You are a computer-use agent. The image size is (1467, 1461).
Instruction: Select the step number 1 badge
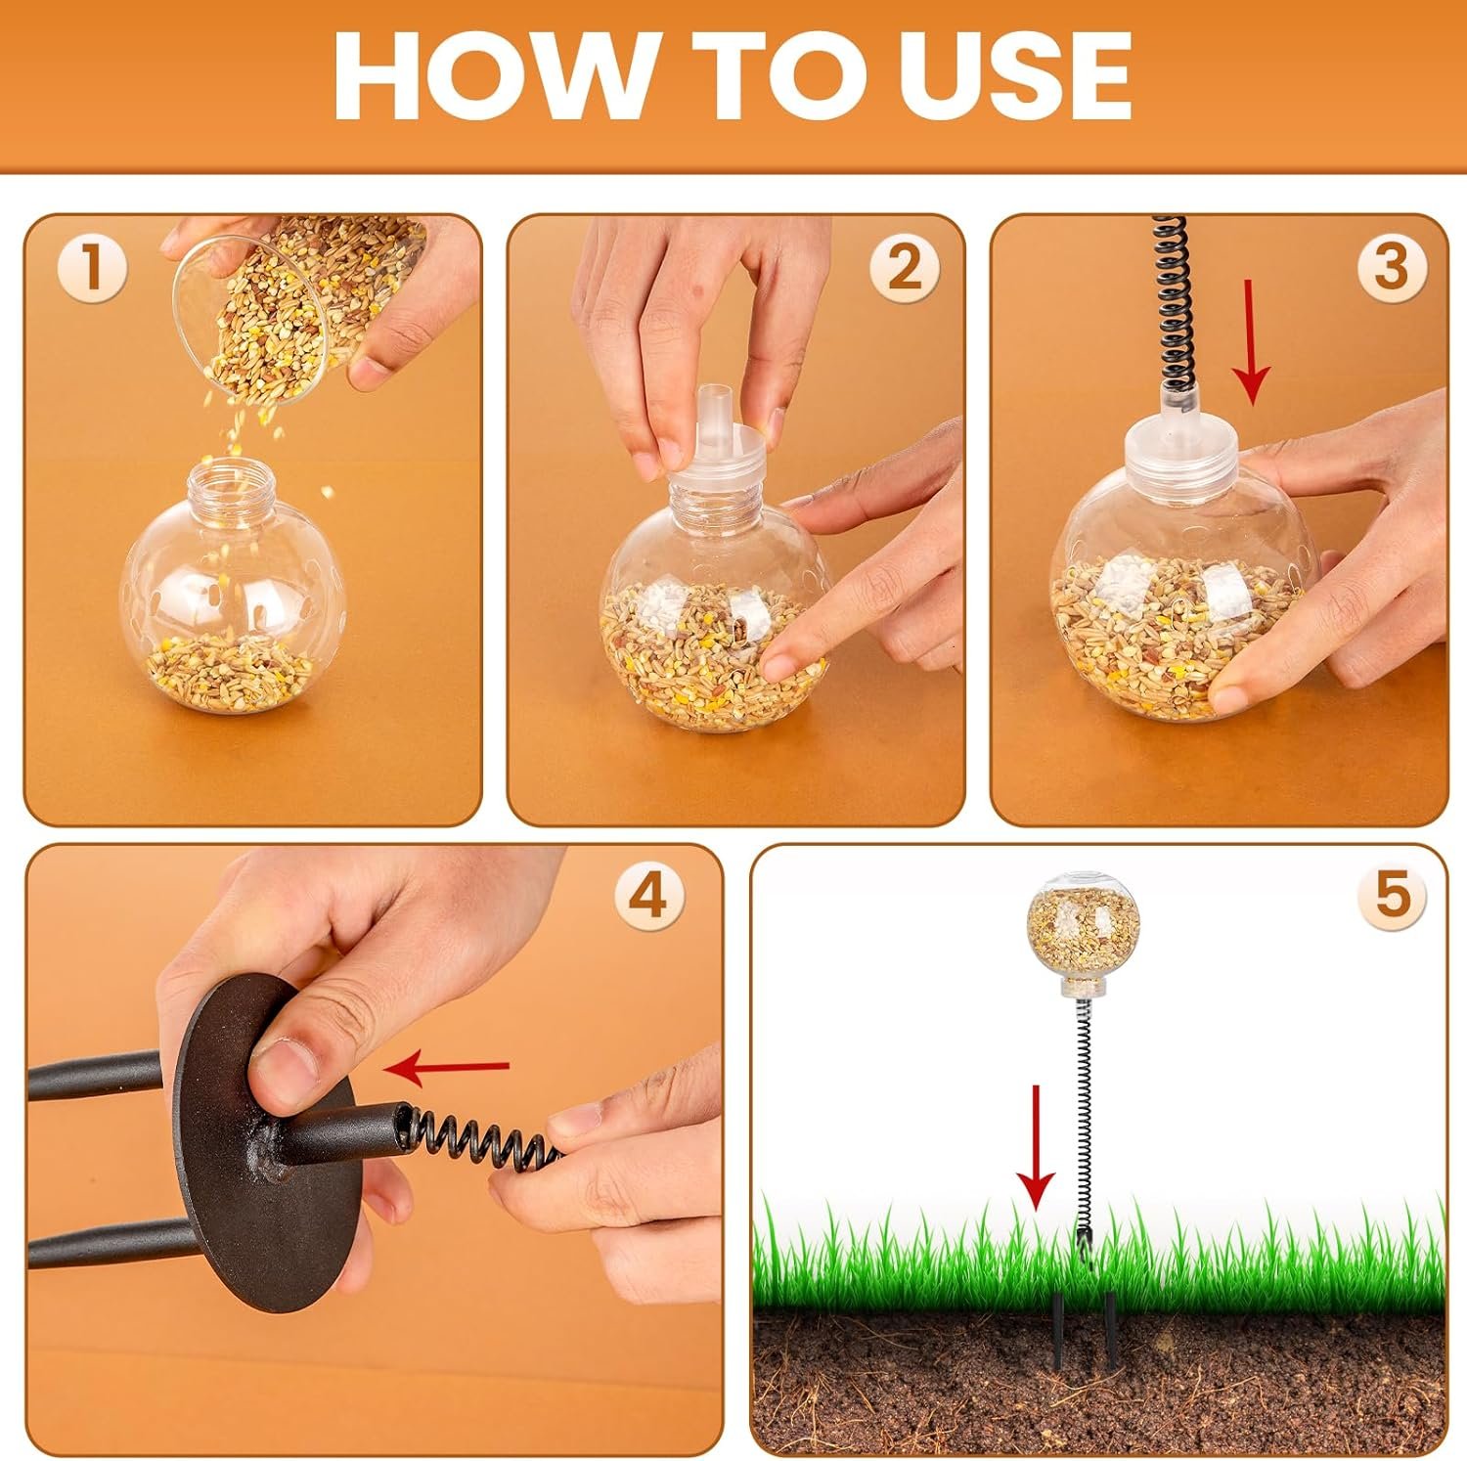[93, 267]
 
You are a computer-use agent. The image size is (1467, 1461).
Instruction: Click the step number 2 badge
[905, 267]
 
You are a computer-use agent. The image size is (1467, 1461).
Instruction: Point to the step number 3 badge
[1390, 267]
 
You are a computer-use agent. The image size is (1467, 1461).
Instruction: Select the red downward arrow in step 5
[1036, 1145]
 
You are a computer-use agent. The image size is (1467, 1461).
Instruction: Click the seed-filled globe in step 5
[1083, 928]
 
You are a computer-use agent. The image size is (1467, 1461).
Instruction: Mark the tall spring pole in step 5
[1083, 1125]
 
